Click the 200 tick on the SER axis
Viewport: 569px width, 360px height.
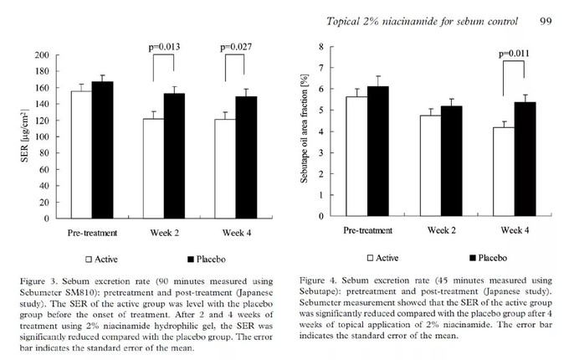coord(41,55)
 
